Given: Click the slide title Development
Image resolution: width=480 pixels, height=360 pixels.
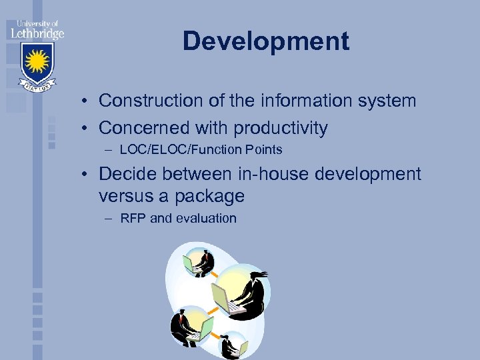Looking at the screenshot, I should pyautogui.click(x=266, y=41).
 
